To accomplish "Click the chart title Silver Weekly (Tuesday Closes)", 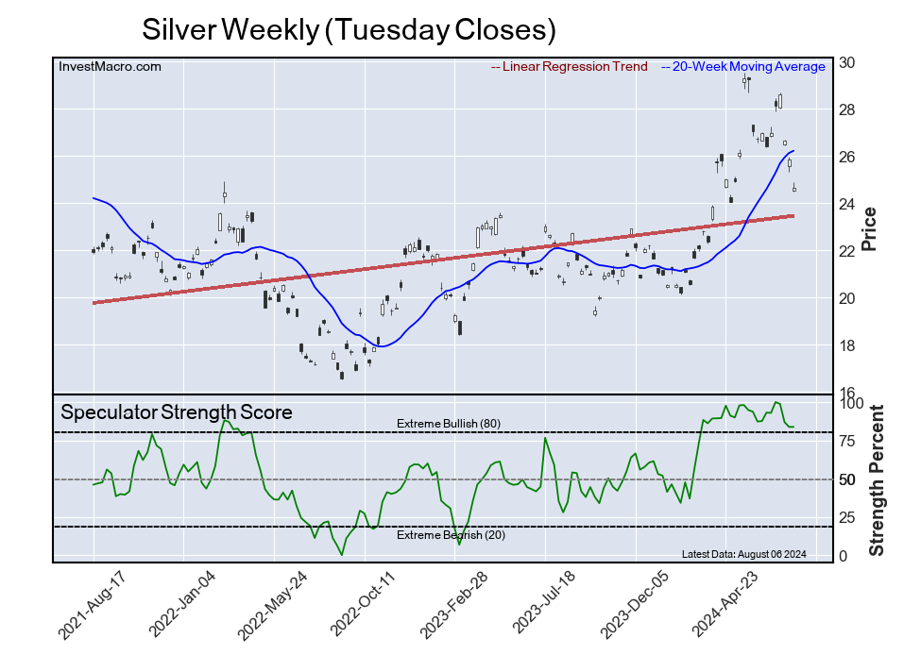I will point(348,29).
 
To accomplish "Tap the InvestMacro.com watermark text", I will point(110,66).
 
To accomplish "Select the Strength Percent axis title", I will point(876,480).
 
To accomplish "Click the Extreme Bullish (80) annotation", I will point(448,423).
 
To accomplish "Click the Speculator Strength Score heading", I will point(177,412).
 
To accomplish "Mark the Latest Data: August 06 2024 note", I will point(742,554).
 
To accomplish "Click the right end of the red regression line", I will point(792,216).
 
